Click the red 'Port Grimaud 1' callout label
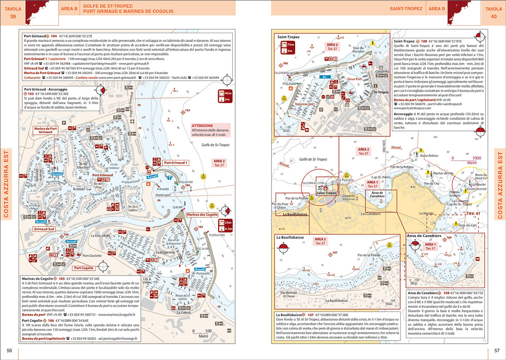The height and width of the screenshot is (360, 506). (176, 162)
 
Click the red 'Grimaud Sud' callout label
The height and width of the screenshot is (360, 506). (44, 229)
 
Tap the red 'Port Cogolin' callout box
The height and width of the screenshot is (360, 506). (83, 268)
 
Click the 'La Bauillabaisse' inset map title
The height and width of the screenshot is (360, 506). (288, 238)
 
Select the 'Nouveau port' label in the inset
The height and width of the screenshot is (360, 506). (305, 103)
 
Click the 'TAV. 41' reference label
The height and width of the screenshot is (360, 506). (474, 214)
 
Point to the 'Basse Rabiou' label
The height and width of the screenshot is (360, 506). (429, 155)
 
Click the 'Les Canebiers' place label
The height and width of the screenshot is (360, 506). (371, 214)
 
